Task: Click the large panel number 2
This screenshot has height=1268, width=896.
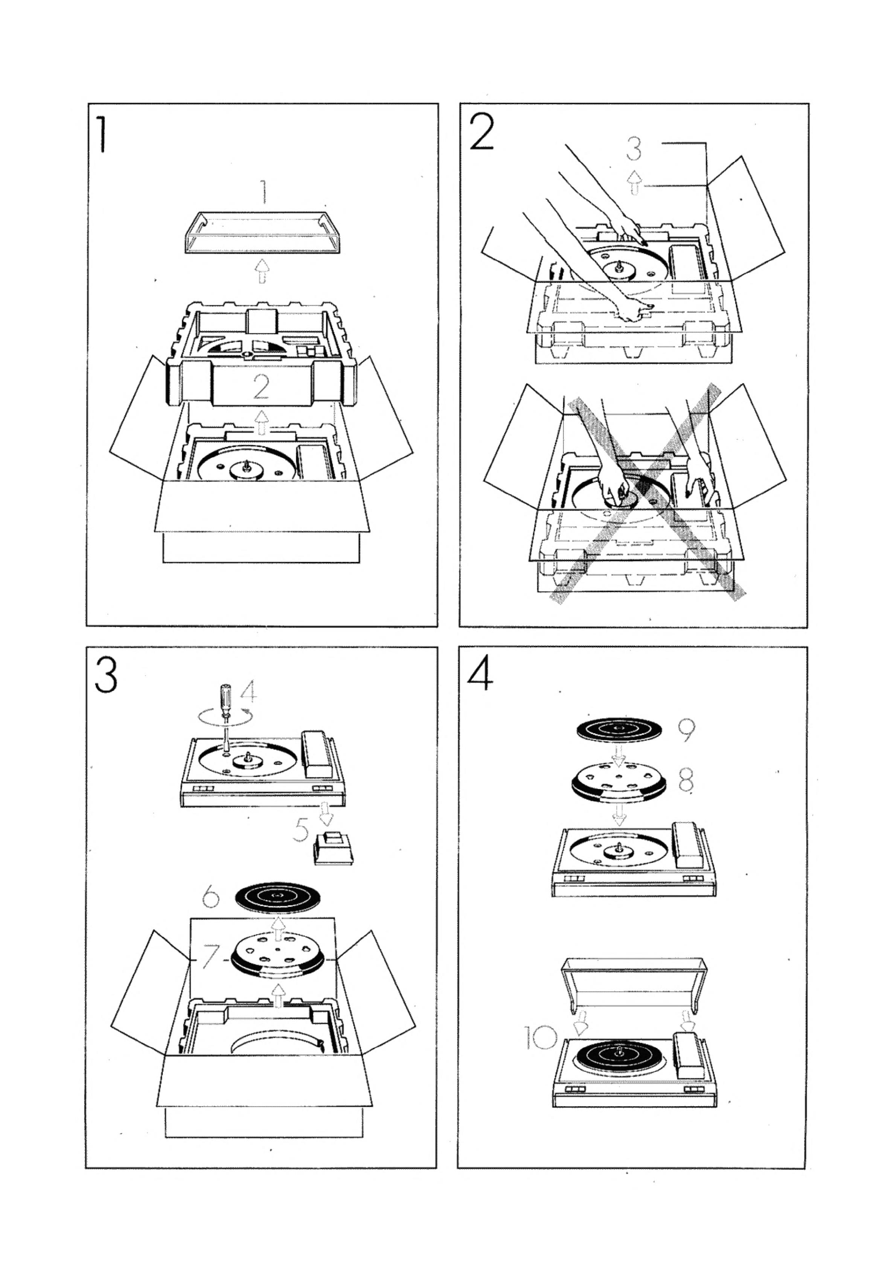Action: pos(482,133)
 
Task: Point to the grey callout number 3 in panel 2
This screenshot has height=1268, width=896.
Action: pos(635,148)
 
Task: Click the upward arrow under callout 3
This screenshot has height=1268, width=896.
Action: pos(635,183)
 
